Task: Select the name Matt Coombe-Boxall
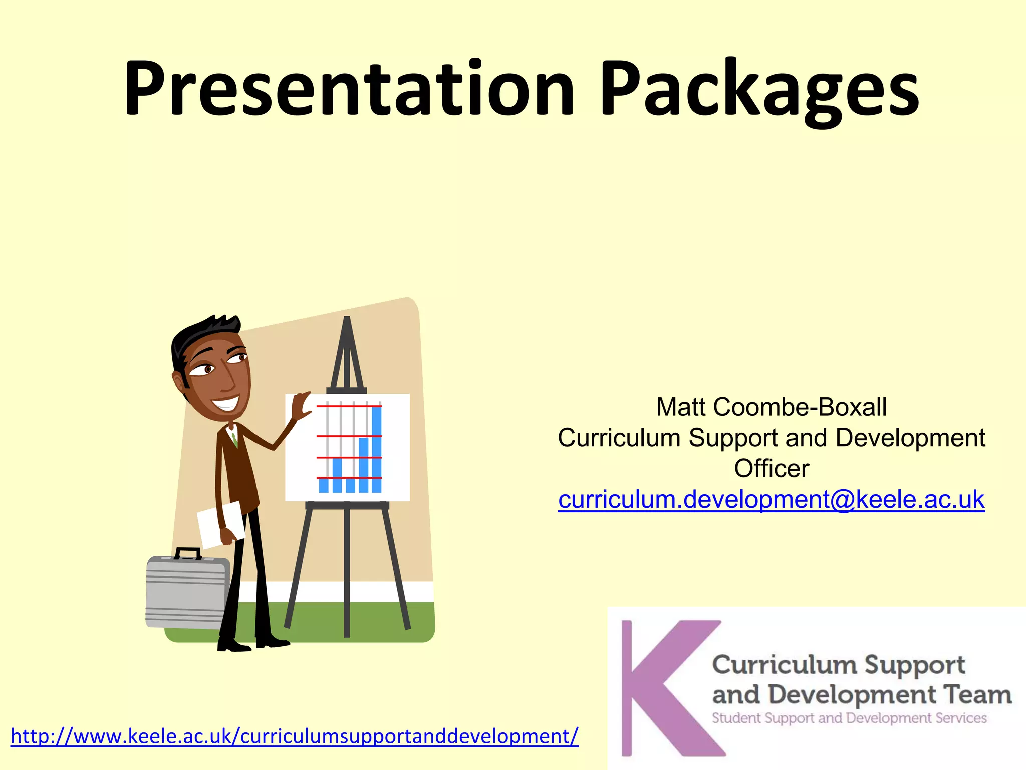click(x=771, y=407)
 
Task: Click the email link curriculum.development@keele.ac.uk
click(x=771, y=500)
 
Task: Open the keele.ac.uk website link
click(x=294, y=736)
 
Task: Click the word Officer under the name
click(x=771, y=469)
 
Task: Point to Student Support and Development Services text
click(x=849, y=718)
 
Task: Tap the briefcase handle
click(x=188, y=552)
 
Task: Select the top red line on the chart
click(x=350, y=406)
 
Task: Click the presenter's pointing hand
click(x=301, y=406)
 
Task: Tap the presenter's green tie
click(x=234, y=440)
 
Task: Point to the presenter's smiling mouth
click(x=226, y=403)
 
